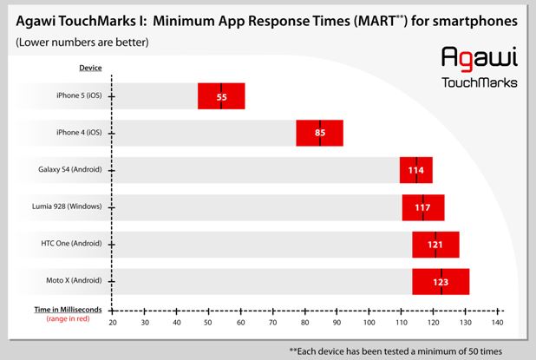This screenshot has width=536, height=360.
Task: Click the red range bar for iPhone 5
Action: point(221,96)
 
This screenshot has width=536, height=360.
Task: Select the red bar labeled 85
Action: point(319,134)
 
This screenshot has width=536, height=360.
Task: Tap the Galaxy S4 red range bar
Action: point(415,170)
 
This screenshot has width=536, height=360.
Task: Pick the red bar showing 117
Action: point(422,207)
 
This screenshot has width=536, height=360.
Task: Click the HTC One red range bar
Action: point(435,245)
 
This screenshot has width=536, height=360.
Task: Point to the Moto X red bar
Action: point(441,282)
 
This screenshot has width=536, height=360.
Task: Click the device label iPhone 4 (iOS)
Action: point(77,133)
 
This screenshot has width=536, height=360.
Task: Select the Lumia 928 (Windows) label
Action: point(69,207)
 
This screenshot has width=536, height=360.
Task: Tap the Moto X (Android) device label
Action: point(72,282)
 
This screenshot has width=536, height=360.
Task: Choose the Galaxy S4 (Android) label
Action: point(70,170)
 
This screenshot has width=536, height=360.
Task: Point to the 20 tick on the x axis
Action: point(113,323)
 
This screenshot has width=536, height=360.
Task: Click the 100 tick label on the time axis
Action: point(369,323)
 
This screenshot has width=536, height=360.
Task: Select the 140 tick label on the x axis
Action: point(498,323)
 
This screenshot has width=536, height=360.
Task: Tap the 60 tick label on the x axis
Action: point(241,323)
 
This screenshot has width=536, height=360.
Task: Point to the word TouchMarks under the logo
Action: point(479,83)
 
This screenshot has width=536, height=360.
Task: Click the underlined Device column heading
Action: point(90,67)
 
